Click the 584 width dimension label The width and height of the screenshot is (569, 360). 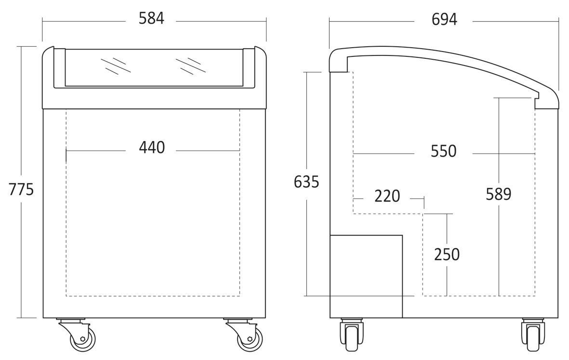coord(151,18)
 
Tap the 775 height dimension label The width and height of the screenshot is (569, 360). coord(21,189)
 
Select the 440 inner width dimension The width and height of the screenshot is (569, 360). coord(152,147)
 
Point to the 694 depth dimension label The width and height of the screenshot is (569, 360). coord(444,19)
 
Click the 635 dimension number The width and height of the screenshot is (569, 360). coord(306,182)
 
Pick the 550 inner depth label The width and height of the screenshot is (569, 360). coord(443,151)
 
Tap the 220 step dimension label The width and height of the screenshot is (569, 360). coord(387,196)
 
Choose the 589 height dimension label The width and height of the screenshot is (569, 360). coord(499,194)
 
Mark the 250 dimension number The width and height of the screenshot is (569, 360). coord(447,254)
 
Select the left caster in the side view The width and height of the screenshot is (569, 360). coord(351,334)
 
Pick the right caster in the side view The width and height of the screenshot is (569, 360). coord(532,334)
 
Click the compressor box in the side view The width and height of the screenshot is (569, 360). coord(366,276)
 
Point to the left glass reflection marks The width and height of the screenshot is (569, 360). coord(116,66)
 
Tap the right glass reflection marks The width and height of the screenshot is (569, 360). coord(190,66)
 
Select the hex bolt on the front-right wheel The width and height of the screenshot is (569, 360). coord(250,339)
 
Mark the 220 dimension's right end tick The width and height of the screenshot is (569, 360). coord(424,199)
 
